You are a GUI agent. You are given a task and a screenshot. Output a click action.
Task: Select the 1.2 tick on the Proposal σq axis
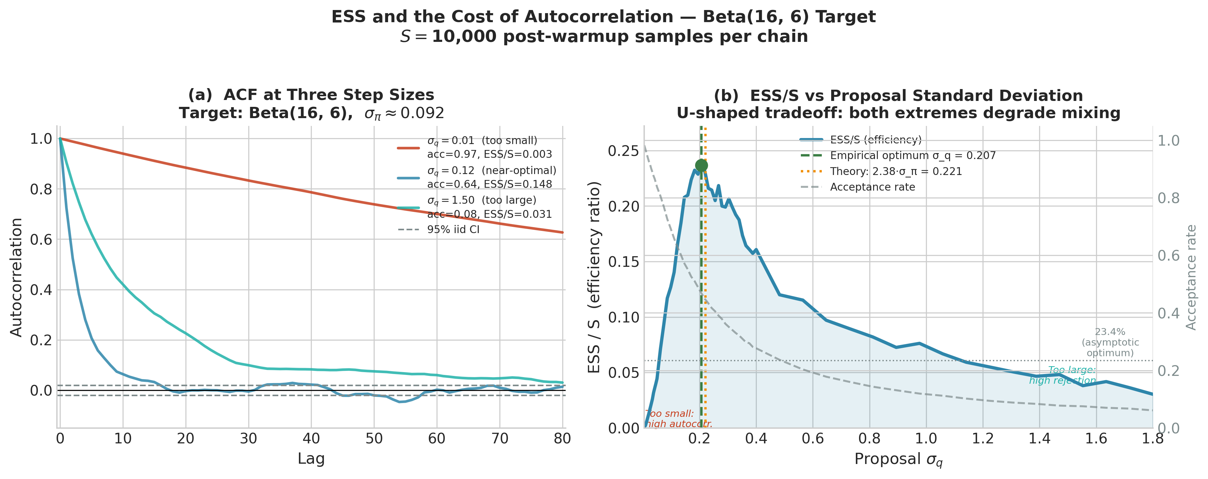point(983,439)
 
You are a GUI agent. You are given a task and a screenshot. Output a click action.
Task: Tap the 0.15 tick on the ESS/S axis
point(623,262)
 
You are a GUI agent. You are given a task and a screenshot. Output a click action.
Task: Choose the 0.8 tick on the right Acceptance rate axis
point(1168,198)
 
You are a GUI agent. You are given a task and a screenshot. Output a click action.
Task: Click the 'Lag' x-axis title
point(311,459)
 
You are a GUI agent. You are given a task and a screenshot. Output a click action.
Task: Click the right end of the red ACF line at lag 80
point(562,232)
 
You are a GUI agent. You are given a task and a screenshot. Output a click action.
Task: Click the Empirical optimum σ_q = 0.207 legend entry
point(912,156)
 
